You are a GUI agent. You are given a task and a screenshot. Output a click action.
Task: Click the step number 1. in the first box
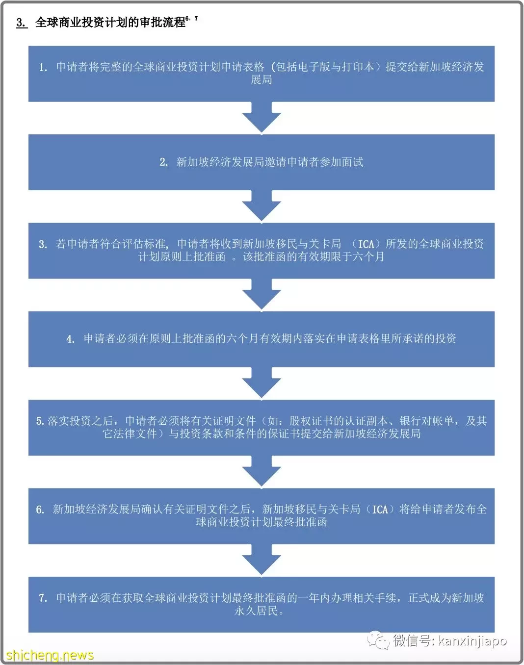tap(43, 67)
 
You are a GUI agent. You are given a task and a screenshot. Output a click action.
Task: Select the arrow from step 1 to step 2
tap(262, 117)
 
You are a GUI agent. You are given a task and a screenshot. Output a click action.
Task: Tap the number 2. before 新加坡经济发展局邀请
tap(163, 162)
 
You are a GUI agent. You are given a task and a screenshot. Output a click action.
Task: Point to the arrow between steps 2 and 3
tap(262, 205)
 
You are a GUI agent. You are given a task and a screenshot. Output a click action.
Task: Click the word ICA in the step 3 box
tap(366, 244)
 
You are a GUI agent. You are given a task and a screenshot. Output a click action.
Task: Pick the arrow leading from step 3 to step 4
tap(262, 294)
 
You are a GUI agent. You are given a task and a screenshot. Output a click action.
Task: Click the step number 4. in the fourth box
tap(71, 339)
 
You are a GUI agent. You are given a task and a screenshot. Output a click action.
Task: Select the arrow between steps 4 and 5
tap(262, 382)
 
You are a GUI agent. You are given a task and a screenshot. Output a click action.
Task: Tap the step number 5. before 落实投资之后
tap(41, 421)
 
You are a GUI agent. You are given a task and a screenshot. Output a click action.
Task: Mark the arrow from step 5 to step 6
tap(262, 471)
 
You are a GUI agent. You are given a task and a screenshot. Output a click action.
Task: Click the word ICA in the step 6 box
tap(380, 510)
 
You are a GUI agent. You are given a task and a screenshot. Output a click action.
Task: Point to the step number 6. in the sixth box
tap(40, 510)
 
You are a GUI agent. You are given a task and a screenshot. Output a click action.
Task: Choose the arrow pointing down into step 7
tap(262, 560)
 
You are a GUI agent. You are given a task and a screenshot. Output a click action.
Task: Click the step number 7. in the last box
tap(43, 598)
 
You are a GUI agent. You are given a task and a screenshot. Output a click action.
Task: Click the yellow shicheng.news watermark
tap(50, 655)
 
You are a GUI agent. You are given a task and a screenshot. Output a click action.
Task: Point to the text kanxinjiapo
tap(472, 641)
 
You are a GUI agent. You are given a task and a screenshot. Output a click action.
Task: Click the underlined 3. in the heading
tap(21, 22)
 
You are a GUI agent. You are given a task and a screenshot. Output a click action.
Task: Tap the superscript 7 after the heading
tap(196, 19)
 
